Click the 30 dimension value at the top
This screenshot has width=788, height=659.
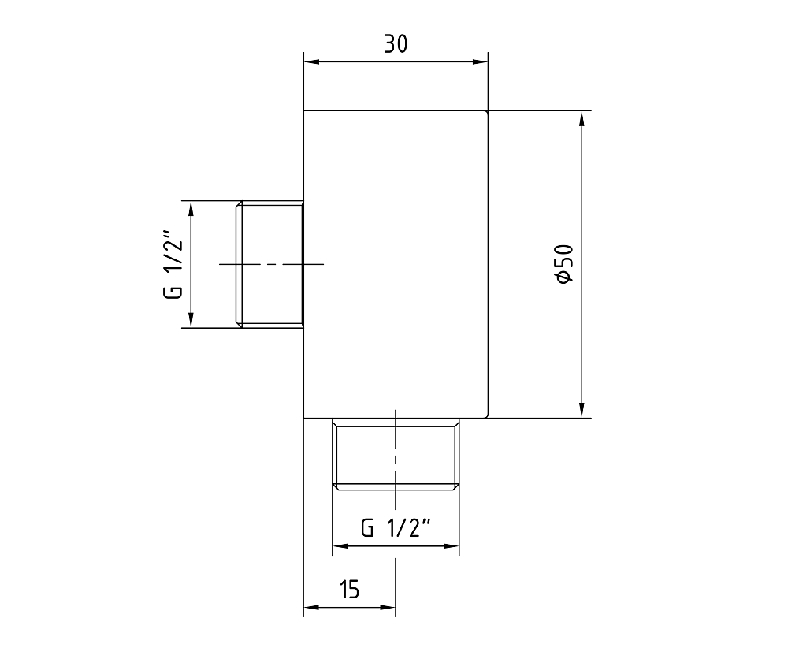click(396, 44)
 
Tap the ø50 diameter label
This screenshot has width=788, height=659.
click(565, 263)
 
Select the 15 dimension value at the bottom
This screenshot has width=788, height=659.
click(349, 589)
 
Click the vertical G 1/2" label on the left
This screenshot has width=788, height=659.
click(173, 264)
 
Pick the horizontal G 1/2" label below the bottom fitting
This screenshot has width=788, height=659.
click(396, 528)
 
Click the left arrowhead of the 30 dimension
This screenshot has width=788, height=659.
click(312, 61)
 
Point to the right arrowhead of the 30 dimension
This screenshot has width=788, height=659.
click(479, 61)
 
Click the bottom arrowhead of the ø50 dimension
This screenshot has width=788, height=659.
click(582, 409)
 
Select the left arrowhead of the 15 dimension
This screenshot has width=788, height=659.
click(312, 607)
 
